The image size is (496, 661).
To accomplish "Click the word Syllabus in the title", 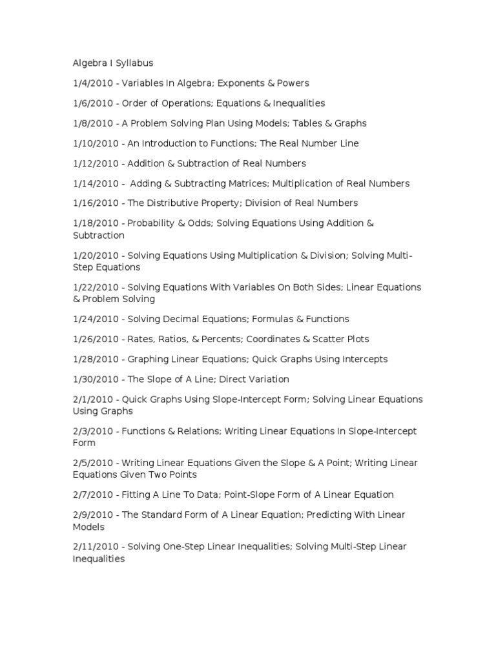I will pos(133,63).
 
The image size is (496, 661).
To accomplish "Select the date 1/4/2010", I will pos(92,83).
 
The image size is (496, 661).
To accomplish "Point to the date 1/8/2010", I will pos(92,123).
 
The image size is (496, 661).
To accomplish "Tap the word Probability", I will pos(154,223).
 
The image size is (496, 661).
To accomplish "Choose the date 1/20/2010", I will pos(94,256).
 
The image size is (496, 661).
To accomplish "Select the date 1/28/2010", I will pos(94,359).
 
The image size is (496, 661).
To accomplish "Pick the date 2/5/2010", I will pos(92,463).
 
